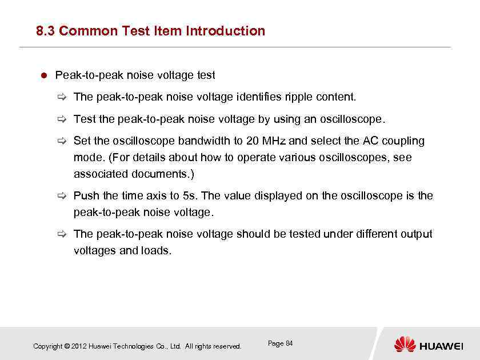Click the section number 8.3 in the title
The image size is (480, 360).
[45, 31]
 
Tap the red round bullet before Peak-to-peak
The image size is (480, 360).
[43, 75]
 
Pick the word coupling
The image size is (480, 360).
[403, 141]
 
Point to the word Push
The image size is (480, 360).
[85, 195]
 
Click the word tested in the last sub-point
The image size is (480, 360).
[302, 234]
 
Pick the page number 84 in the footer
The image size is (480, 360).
[289, 343]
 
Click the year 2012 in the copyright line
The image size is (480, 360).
[79, 346]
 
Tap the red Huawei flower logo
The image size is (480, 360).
[405, 344]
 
